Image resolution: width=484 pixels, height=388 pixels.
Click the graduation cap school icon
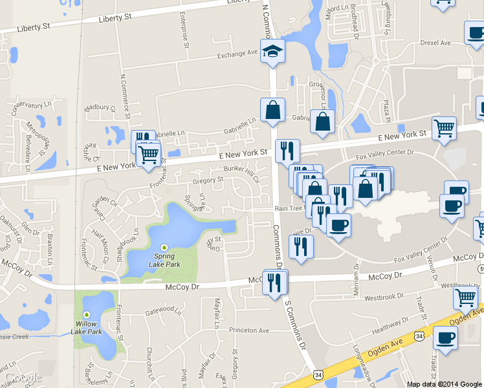[273, 50]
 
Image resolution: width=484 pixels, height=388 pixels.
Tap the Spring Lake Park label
[164, 260]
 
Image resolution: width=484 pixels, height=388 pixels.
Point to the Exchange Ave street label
[238, 55]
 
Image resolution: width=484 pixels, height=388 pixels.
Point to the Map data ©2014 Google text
[445, 384]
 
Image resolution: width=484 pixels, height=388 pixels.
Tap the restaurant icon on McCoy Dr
[276, 283]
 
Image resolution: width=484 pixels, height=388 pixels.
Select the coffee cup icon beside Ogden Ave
[445, 338]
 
